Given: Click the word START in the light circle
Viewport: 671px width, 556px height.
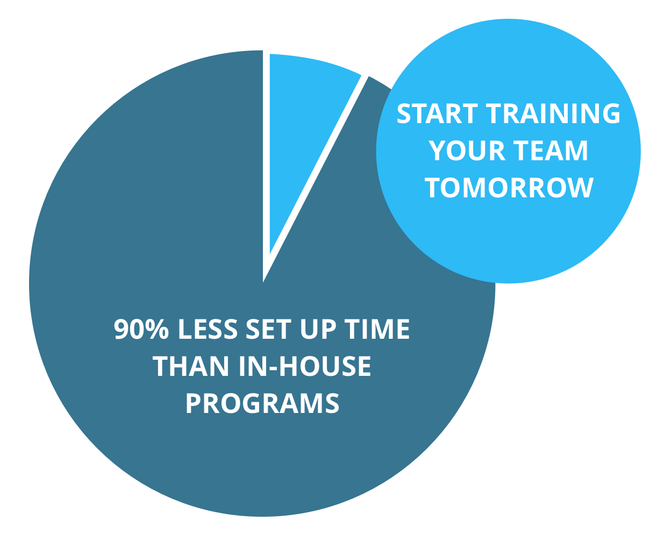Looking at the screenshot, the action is coord(437,113).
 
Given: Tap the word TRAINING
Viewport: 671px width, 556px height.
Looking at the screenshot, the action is coord(553,113).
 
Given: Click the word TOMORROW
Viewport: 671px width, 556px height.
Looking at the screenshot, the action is coord(509,188).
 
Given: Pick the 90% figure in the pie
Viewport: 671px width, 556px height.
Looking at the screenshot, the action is coord(141,329).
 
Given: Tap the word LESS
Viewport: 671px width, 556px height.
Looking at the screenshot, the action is coord(208,329).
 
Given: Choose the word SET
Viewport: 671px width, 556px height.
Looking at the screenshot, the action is coord(269,329).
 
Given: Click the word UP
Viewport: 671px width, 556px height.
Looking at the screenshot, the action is coord(318,329).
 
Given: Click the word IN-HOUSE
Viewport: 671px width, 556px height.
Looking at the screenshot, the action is coord(305,366).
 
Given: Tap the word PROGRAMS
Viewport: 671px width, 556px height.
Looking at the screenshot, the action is coord(262,403).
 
